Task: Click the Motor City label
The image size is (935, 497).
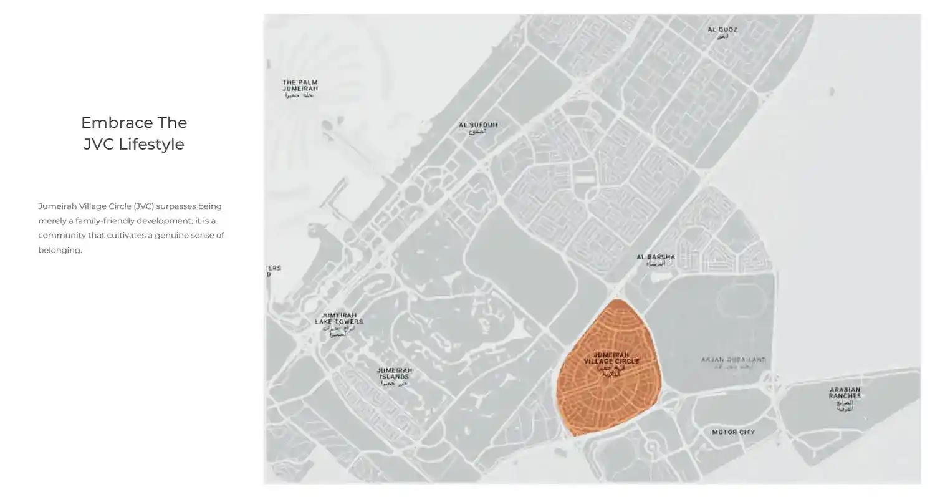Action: tap(733, 432)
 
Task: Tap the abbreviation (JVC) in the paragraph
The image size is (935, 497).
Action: tap(143, 206)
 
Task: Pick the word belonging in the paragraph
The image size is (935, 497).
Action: tap(60, 250)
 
